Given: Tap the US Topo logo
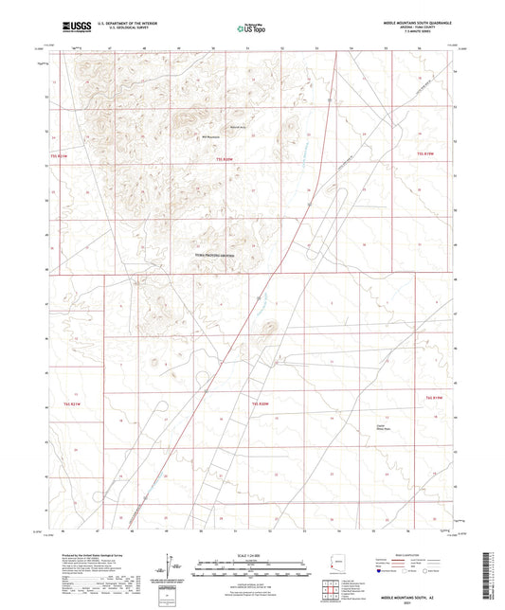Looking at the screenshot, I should pos(249,29).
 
